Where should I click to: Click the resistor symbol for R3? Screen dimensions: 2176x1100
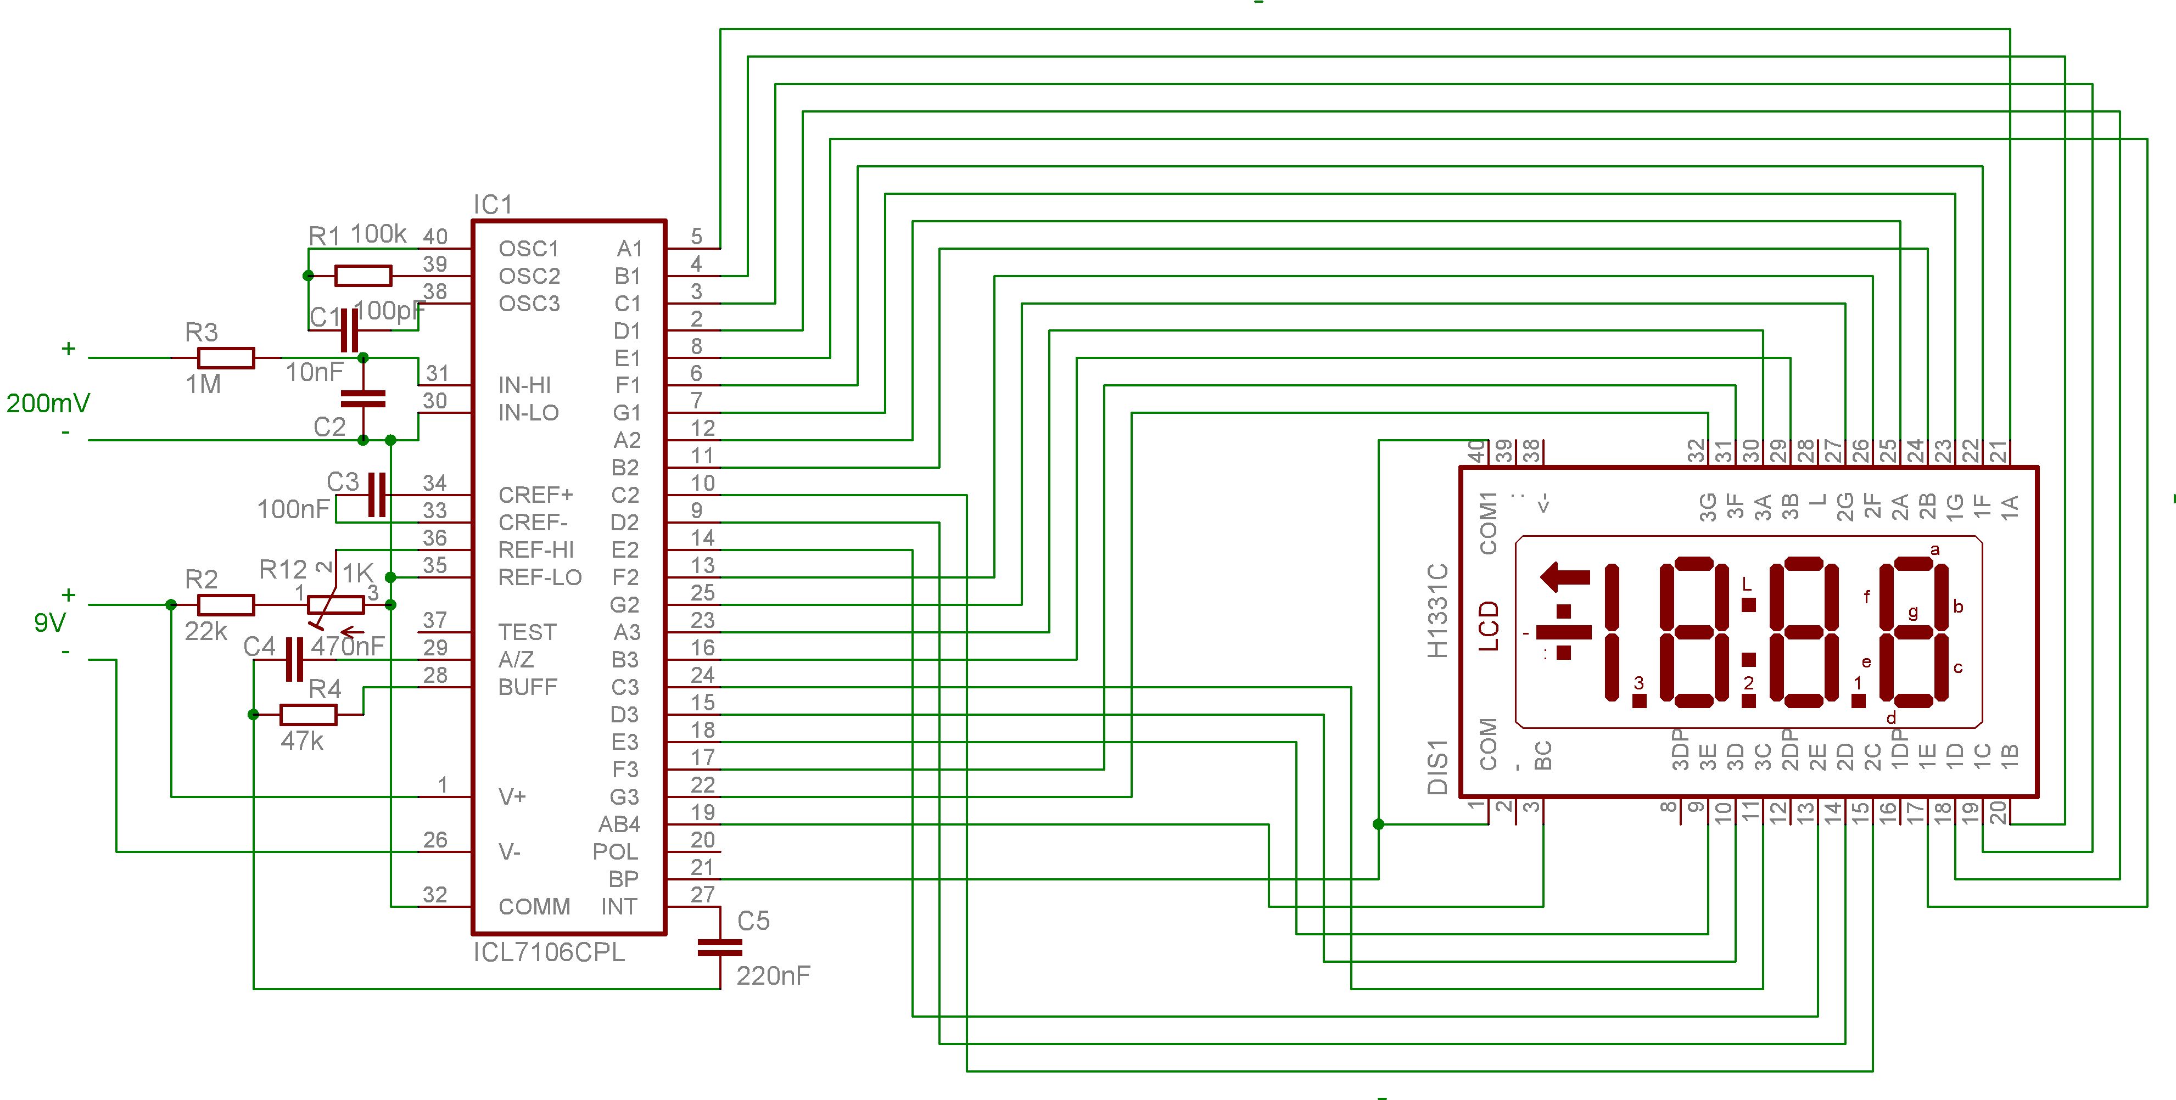click(x=226, y=358)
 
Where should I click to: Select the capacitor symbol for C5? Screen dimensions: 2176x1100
click(x=720, y=948)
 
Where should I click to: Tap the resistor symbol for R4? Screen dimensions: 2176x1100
click(x=309, y=715)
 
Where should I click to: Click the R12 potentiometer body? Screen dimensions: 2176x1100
click(x=335, y=604)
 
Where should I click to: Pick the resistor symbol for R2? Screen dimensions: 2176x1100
click(x=226, y=604)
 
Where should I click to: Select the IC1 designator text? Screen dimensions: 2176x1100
click(x=493, y=204)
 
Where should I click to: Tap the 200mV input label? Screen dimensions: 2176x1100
click(x=48, y=403)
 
